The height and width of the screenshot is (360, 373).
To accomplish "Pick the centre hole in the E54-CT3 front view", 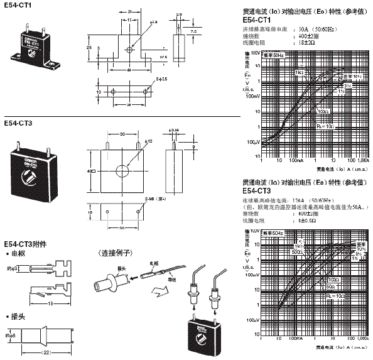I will click(121, 170).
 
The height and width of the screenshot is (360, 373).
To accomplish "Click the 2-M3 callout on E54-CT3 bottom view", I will click(153, 199).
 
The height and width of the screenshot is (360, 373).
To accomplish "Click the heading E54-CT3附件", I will click(24, 244).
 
